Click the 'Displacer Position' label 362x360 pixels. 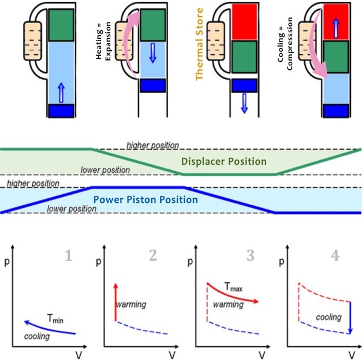tap(223, 161)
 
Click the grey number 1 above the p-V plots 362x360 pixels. tap(68, 255)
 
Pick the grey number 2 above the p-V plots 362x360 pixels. tap(152, 255)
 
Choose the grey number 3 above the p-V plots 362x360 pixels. tap(250, 255)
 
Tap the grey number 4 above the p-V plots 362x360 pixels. tap(335, 255)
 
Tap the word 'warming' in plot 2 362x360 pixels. tap(132, 304)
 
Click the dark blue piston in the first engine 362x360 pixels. tap(60, 110)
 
